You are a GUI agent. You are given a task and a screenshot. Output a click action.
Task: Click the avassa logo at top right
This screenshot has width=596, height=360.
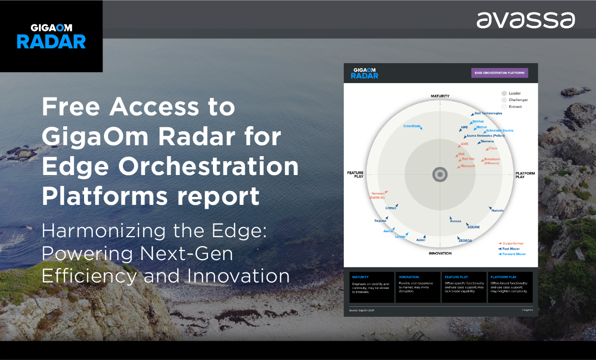pyautogui.click(x=525, y=20)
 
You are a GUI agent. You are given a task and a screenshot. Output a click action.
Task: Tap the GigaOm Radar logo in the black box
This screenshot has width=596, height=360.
pyautogui.click(x=51, y=36)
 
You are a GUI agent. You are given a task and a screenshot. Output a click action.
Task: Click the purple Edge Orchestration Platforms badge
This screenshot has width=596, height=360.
pyautogui.click(x=499, y=73)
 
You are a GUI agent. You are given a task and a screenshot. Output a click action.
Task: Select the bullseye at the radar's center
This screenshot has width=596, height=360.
pyautogui.click(x=440, y=175)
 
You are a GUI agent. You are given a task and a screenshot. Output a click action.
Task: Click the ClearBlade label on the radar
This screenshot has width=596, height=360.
pyautogui.click(x=412, y=126)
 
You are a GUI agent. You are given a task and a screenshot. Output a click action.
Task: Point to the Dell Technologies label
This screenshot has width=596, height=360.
pyautogui.click(x=488, y=113)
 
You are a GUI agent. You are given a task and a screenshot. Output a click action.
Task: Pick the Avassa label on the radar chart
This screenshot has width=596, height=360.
pyautogui.click(x=455, y=221)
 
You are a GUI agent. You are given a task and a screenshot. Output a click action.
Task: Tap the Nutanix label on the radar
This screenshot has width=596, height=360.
pyautogui.click(x=497, y=210)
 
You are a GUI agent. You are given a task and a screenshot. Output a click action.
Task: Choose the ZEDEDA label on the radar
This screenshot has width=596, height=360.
pyautogui.click(x=465, y=241)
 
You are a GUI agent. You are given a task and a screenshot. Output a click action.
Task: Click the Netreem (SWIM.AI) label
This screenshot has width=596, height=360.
pyautogui.click(x=378, y=195)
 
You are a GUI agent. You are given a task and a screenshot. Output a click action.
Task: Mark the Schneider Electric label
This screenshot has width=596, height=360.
pyautogui.click(x=499, y=131)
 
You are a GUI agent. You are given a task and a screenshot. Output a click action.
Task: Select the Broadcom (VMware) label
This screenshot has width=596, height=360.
pyautogui.click(x=492, y=161)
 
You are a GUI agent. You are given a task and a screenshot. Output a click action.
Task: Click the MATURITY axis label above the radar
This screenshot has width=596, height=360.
pyautogui.click(x=440, y=96)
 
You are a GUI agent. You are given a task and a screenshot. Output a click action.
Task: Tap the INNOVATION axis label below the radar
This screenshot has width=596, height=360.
pyautogui.click(x=440, y=254)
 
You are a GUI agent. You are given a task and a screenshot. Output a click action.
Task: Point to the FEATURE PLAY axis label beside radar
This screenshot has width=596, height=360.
pyautogui.click(x=355, y=175)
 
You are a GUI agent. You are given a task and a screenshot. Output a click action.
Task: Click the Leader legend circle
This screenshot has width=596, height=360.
pyautogui.click(x=504, y=93)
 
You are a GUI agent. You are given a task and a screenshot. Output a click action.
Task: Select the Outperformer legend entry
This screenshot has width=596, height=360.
pyautogui.click(x=513, y=243)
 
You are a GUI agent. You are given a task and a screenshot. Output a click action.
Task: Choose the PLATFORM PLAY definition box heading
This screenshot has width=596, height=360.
pyautogui.click(x=503, y=277)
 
